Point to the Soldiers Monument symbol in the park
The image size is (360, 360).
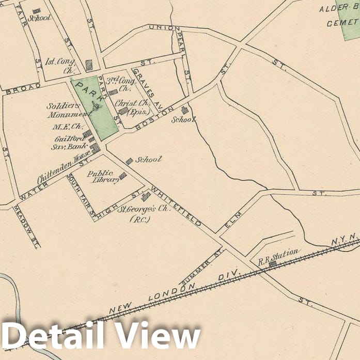pos(96,107)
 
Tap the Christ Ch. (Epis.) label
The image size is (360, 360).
pos(132,107)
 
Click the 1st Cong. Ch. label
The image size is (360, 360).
pos(60,66)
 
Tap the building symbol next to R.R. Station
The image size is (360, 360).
pos(272,263)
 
